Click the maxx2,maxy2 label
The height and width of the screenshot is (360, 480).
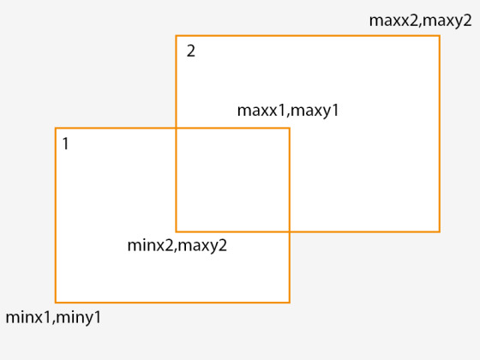point(420,21)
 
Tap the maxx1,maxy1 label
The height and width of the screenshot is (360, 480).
point(288,111)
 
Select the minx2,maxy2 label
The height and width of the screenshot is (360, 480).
point(177,245)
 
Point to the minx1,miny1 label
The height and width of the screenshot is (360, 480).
point(53,317)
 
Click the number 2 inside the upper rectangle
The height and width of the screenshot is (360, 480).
point(190,51)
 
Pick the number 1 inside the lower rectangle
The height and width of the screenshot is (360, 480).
point(65,144)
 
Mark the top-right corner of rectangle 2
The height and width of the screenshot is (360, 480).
point(440,36)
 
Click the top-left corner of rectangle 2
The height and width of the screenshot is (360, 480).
point(176,36)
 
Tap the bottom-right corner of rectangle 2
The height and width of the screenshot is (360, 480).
point(440,231)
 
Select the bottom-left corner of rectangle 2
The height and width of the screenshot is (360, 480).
point(176,231)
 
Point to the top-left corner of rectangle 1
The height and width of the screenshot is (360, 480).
point(56,128)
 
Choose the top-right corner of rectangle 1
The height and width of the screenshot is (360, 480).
point(290,128)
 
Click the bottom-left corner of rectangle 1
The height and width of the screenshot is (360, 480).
point(56,303)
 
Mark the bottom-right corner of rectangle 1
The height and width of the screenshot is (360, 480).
point(290,303)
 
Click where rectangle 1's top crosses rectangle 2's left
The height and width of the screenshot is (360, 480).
point(176,128)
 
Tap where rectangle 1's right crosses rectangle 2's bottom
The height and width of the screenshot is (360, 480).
point(290,231)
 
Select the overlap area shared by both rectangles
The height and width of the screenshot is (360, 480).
point(232,180)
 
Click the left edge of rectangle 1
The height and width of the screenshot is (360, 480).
point(56,215)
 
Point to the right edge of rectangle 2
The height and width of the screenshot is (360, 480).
point(440,134)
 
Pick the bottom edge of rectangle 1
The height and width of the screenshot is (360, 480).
point(172,303)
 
